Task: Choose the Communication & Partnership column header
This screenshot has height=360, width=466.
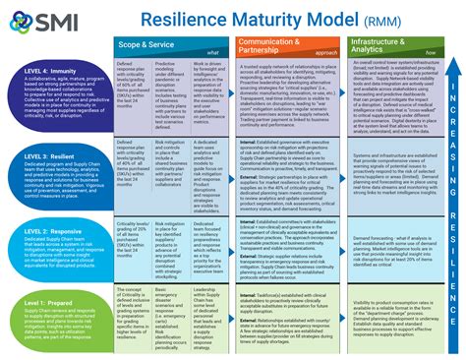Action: point(267,45)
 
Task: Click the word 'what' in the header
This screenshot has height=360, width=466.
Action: point(213,54)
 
